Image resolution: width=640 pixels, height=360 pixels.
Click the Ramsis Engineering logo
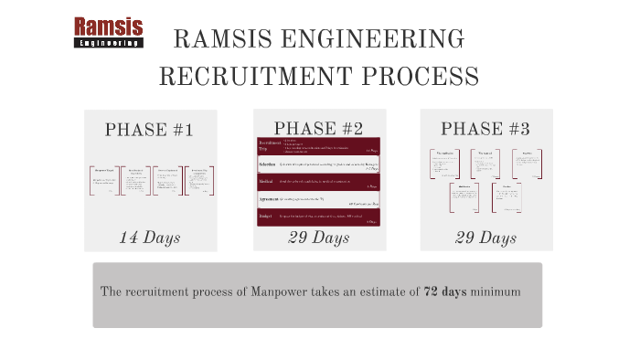(x=108, y=33)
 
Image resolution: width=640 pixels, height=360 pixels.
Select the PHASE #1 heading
(x=149, y=130)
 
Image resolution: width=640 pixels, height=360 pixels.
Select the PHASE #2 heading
(x=318, y=128)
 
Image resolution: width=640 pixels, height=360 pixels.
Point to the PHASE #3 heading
(x=485, y=129)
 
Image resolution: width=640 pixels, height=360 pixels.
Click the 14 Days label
(x=150, y=238)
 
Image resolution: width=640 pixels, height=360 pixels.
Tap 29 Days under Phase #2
(x=319, y=238)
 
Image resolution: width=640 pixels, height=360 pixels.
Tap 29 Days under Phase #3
(x=485, y=238)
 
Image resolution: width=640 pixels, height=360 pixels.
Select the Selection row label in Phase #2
(x=268, y=164)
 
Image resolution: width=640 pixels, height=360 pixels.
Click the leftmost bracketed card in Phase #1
(x=105, y=180)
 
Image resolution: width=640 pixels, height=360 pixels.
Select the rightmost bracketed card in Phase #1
(x=198, y=180)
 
